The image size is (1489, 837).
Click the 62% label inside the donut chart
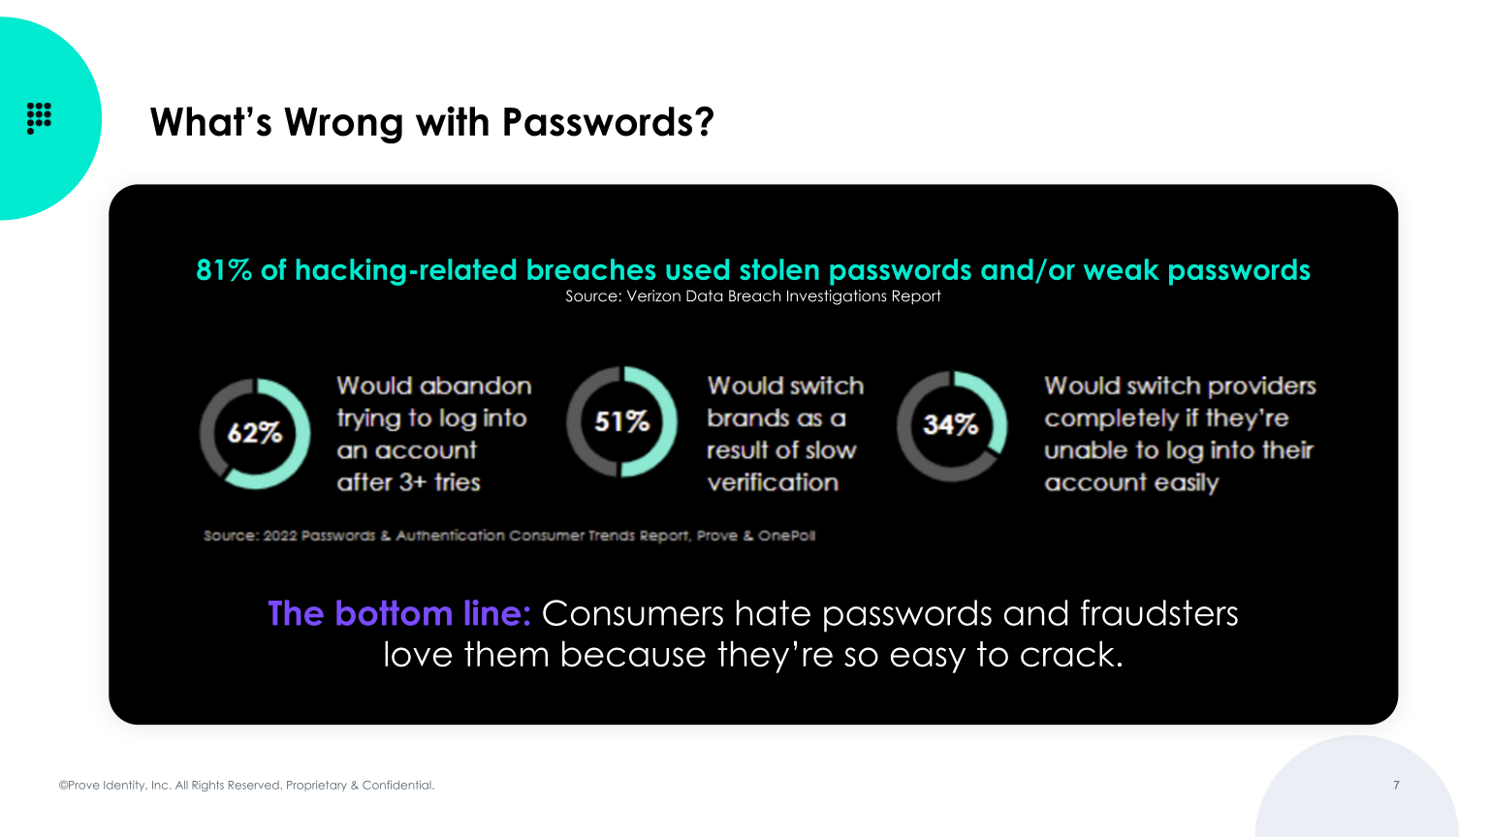255,433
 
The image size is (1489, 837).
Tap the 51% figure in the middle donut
621,422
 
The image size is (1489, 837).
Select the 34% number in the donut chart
950,425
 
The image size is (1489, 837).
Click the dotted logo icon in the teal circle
39,117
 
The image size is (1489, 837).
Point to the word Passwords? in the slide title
608,123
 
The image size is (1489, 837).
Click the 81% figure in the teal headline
224,270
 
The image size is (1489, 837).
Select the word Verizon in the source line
654,296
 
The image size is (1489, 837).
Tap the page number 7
1396,785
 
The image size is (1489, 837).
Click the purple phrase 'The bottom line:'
399,614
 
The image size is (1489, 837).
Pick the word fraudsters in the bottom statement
1159,614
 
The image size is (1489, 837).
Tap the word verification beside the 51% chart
773,482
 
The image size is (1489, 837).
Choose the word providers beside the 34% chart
1262,387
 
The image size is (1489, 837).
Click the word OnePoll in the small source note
786,536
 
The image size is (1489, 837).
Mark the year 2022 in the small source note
280,536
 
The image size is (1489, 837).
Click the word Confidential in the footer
397,785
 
